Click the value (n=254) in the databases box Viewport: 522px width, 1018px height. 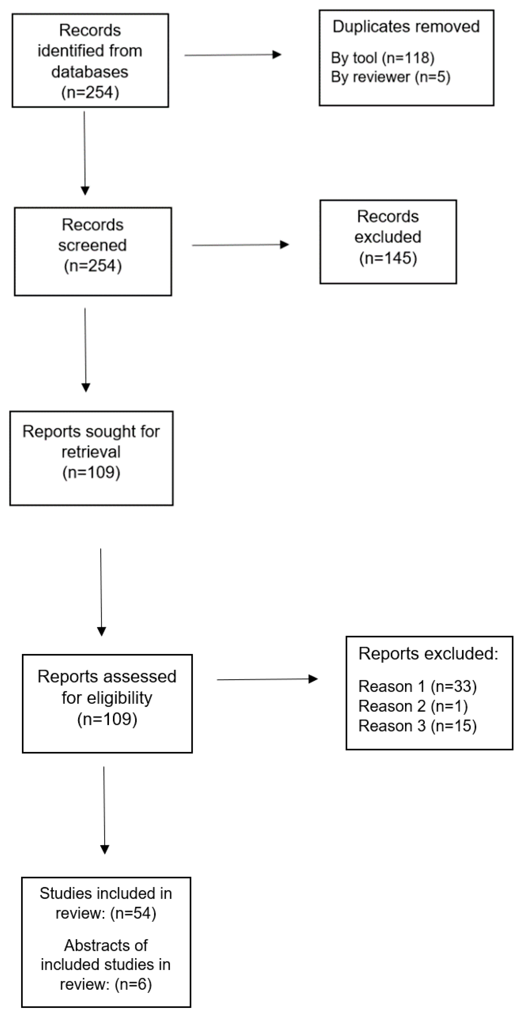tap(90, 92)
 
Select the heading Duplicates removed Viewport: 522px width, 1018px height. tap(406, 27)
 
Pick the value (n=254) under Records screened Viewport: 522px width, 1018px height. tap(93, 266)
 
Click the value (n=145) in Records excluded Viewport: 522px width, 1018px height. tap(388, 258)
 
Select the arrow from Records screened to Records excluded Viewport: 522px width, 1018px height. tap(240, 245)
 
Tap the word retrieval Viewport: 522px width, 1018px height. tap(91, 452)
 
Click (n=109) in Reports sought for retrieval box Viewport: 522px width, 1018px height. tap(91, 472)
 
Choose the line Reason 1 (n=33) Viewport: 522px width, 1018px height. tap(417, 687)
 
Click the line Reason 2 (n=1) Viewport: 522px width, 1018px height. tap(413, 706)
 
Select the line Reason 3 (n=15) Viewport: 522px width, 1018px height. tap(417, 726)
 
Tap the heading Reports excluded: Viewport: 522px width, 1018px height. tap(428, 654)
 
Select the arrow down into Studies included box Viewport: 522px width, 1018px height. tap(104, 810)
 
